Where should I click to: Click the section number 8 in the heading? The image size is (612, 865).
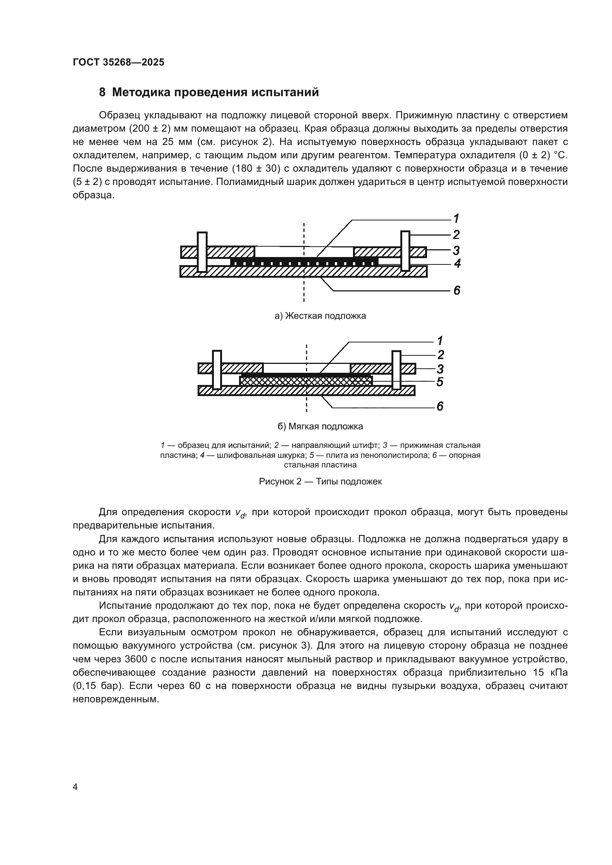(102, 92)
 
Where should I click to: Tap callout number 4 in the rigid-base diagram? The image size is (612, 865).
(457, 263)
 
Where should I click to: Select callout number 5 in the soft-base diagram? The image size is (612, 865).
(440, 382)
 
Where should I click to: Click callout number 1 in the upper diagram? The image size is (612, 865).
(456, 218)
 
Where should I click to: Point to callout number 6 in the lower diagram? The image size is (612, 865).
(440, 406)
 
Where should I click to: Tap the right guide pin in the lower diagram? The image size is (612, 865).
(396, 370)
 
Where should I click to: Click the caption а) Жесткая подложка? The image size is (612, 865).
(320, 316)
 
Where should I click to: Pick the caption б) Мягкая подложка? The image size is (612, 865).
(320, 426)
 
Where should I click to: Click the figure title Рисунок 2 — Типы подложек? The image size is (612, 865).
(320, 482)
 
